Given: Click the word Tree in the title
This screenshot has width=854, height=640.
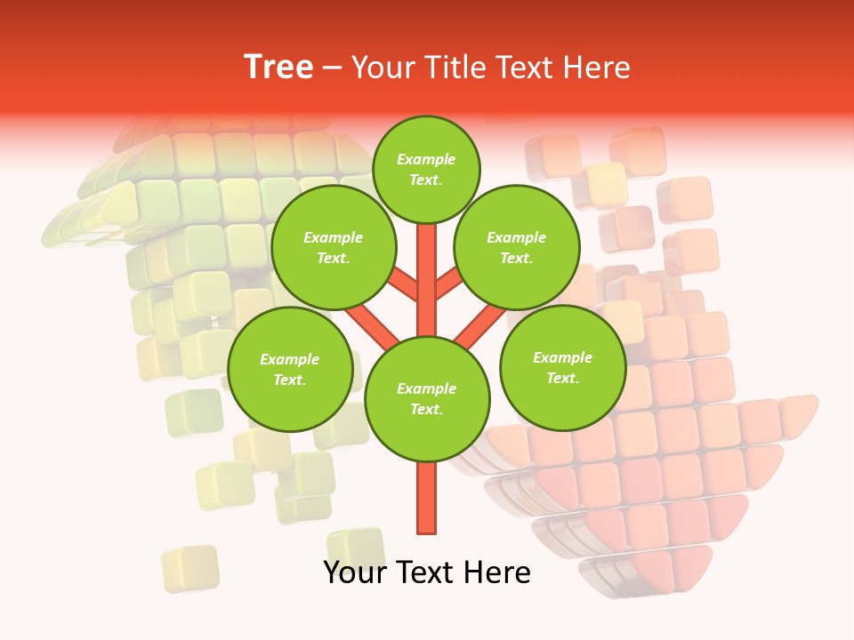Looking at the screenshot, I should (278, 68).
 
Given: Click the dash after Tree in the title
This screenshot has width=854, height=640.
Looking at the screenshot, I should (332, 68).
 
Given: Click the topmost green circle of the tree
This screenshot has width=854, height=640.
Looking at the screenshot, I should (426, 169).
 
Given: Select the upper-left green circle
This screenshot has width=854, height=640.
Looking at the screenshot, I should (334, 248).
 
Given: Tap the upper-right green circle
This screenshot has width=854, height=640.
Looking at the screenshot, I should (517, 248).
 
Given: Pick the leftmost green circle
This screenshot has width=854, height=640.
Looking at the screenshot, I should (290, 370).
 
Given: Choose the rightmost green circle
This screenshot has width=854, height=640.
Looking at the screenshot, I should (562, 368).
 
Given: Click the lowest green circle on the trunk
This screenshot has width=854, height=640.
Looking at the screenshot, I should (427, 398).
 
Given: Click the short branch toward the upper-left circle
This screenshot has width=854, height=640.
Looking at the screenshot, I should (405, 285).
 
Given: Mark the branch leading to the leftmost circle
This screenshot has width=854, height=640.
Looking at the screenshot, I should (374, 325).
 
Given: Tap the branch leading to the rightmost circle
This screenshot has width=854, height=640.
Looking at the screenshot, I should (479, 326).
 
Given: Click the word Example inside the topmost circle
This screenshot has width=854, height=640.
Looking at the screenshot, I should (426, 159).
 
